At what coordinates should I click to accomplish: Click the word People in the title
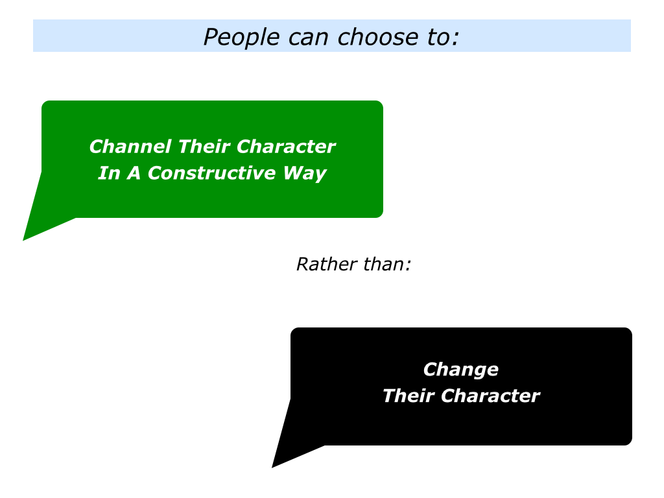coord(241,37)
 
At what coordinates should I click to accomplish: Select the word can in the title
coord(308,38)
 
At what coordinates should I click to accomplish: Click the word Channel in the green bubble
coord(130,147)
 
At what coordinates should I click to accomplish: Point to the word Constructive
coord(212,172)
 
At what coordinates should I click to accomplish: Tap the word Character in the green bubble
coord(286,147)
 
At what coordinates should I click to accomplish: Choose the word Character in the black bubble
coord(490,396)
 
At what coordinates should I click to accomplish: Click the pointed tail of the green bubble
coord(24,240)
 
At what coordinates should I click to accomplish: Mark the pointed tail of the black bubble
coord(273,467)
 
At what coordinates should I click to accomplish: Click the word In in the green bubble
coord(109,172)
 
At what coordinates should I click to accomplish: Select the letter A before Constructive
coord(134,172)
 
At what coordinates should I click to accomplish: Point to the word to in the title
coord(437,37)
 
